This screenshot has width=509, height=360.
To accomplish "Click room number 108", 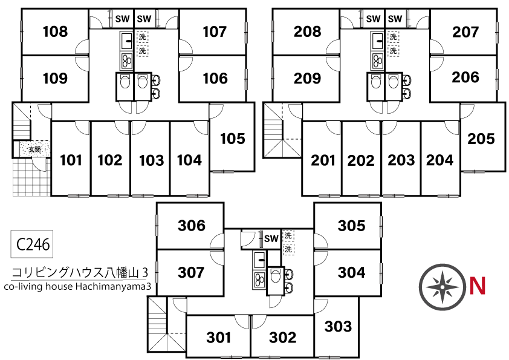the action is tap(55, 31).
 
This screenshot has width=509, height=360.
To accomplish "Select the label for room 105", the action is tap(232, 139).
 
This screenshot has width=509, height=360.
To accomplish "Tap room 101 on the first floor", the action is tap(71, 160).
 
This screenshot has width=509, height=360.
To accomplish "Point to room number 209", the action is tap(307, 78).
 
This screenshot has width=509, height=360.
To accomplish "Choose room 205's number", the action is tap(481, 139).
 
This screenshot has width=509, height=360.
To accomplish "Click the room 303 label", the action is tap(338, 326).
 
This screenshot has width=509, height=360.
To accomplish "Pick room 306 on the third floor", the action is tap(192, 226).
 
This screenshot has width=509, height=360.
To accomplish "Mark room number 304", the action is tap(352, 272).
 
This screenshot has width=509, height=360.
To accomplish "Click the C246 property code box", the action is tap(32, 244).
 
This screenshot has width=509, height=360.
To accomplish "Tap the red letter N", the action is tap(478, 286).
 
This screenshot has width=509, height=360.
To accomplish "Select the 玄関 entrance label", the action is tap(34, 149).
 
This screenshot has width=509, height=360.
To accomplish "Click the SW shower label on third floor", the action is tap(271, 239).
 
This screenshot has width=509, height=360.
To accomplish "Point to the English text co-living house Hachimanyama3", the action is tap(77, 287).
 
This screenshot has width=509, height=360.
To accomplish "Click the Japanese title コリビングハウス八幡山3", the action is tap(80, 273).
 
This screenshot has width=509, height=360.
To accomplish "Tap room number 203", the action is tap(401, 160).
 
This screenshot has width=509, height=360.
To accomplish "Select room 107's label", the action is tap(215, 32).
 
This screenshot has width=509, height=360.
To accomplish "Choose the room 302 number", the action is tap(282, 338).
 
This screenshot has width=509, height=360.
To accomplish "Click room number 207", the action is tap(465, 32).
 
